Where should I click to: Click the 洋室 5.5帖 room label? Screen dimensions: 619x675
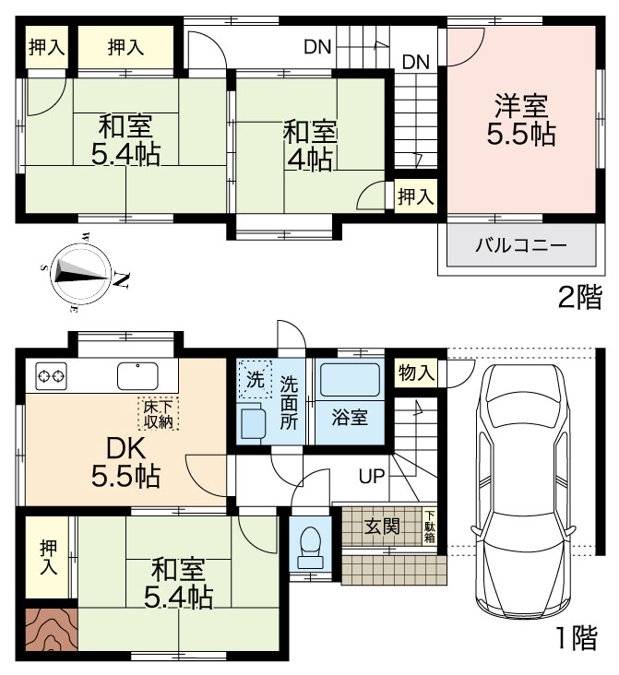[x=521, y=120]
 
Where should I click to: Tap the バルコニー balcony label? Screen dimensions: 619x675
[x=521, y=246]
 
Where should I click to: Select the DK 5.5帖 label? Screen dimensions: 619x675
[x=125, y=463]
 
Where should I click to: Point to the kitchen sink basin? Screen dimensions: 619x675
[x=137, y=375]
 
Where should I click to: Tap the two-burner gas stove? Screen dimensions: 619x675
[x=52, y=376]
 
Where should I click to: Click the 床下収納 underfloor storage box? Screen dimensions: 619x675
[x=159, y=413]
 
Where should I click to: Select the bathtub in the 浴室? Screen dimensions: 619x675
[x=350, y=380]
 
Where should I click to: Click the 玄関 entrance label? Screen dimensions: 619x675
[x=383, y=527]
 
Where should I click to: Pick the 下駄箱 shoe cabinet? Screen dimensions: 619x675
[x=430, y=527]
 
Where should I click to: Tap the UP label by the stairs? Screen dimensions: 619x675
[x=372, y=476]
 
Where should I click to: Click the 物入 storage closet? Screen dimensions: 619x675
[x=416, y=372]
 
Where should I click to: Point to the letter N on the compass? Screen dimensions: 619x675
[x=121, y=280]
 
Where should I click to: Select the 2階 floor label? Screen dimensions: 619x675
[x=579, y=298]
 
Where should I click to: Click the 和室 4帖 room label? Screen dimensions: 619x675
[x=309, y=146]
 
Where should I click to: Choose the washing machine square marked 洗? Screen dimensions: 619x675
[x=255, y=379]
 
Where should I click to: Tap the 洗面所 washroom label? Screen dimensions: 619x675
[x=289, y=403]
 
